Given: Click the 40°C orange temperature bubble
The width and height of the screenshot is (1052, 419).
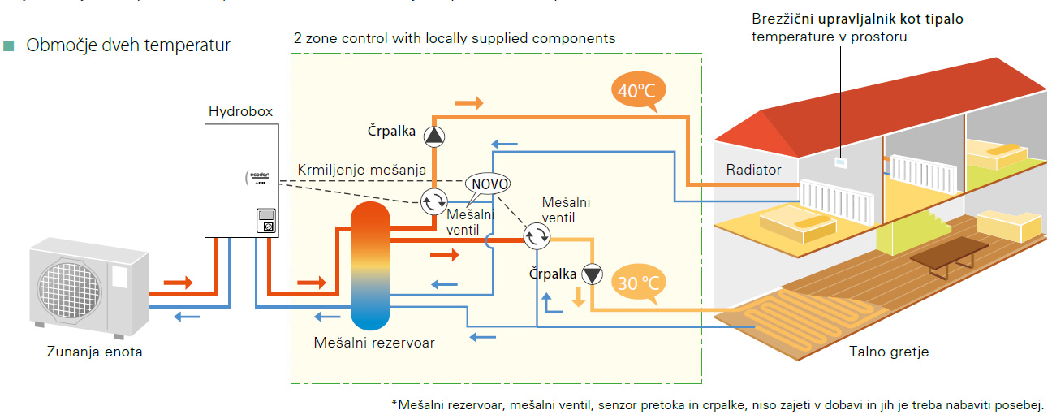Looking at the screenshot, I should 632,92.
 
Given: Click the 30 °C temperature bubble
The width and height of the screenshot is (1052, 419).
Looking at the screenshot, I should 637,283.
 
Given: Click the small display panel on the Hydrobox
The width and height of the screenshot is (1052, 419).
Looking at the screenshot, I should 266,221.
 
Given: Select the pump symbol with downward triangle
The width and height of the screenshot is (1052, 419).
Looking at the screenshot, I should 593,274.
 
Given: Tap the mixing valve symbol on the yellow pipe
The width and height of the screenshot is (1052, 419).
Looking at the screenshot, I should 536,237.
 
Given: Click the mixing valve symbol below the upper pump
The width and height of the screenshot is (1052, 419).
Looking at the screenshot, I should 434,201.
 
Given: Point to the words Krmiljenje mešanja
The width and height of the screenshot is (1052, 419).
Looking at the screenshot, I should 362,170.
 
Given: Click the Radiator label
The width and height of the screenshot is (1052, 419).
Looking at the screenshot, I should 753,170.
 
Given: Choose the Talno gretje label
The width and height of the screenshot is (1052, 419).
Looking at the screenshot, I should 889,352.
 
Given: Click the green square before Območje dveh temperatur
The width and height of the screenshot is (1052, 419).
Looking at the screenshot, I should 10,45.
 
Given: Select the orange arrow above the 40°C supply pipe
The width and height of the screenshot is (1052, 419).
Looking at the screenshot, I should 468,103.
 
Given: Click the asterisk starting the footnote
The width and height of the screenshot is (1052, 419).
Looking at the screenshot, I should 394,404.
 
